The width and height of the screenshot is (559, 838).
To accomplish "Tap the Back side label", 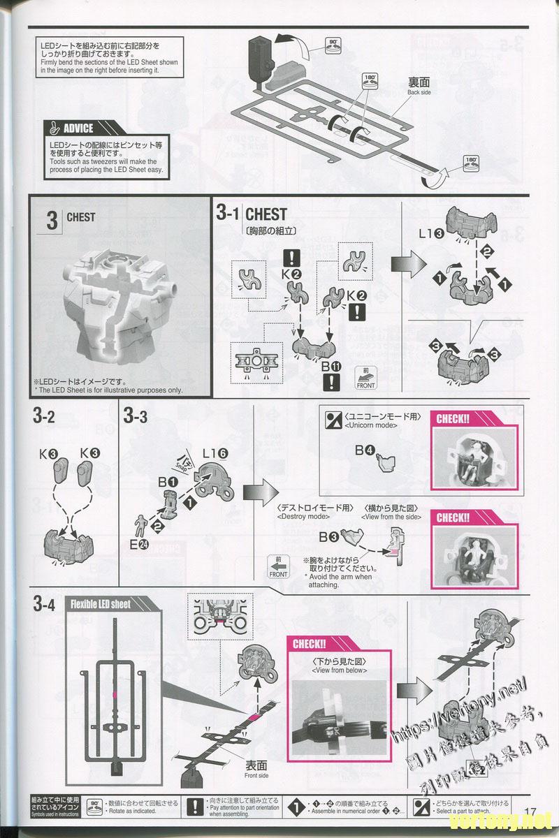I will tap(419, 87).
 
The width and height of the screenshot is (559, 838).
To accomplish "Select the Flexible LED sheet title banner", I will tap(101, 604).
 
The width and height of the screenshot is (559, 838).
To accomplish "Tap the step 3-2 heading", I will tap(43, 417).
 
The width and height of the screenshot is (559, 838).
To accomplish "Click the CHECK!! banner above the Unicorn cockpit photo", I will tap(452, 419).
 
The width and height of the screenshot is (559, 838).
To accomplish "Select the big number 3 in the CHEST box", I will tap(51, 221).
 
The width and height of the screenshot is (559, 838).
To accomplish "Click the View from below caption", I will tap(340, 665).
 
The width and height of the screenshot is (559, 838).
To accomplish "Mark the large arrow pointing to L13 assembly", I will tap(402, 266).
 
